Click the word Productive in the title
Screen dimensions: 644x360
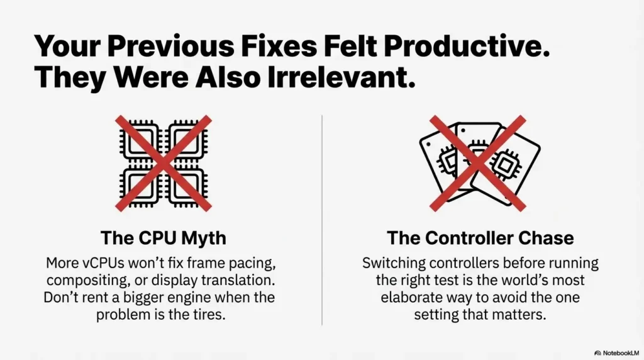[x=467, y=45]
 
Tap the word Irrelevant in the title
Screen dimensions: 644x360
[x=341, y=77]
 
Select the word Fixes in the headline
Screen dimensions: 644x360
[x=279, y=45]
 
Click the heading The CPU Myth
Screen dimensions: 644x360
[x=164, y=238]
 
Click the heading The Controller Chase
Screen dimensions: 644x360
[x=480, y=238]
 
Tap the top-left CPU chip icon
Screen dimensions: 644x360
[x=140, y=140]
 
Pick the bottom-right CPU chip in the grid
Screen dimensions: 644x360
[x=187, y=188]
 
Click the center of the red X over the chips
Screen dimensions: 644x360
[x=164, y=164]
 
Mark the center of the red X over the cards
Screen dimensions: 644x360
[x=478, y=164]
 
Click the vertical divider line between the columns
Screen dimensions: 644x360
[x=322, y=220]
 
